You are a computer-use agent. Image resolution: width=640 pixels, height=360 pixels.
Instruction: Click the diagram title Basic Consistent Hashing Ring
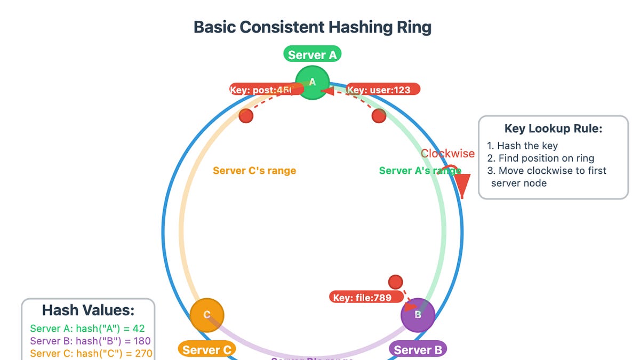(312, 27)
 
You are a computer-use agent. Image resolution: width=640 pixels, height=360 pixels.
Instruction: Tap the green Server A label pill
(312, 54)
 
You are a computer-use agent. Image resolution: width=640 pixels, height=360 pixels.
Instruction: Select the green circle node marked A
(313, 82)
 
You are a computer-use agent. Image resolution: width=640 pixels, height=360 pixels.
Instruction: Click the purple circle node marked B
(418, 315)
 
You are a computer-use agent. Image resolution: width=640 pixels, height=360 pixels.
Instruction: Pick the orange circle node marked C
(207, 315)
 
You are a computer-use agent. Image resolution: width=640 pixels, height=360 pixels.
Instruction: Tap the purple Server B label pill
(418, 350)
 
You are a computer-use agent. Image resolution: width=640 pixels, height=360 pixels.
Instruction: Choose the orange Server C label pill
(206, 350)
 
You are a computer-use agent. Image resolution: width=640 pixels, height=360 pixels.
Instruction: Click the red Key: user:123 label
(383, 90)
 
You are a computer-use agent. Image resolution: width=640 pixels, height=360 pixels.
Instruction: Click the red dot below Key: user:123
(379, 116)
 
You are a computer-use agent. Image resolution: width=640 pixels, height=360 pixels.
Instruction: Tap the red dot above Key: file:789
(395, 282)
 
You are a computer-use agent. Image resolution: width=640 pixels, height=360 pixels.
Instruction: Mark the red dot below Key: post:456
(246, 116)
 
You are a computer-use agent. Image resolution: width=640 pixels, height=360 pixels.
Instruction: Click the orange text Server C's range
(254, 171)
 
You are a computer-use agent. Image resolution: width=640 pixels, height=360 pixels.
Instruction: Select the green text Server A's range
(420, 171)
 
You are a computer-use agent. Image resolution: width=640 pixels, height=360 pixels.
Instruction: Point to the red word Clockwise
(447, 154)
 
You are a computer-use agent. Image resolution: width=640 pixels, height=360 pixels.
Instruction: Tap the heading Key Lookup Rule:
(553, 129)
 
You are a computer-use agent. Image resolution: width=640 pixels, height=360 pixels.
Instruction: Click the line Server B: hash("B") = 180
(90, 341)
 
